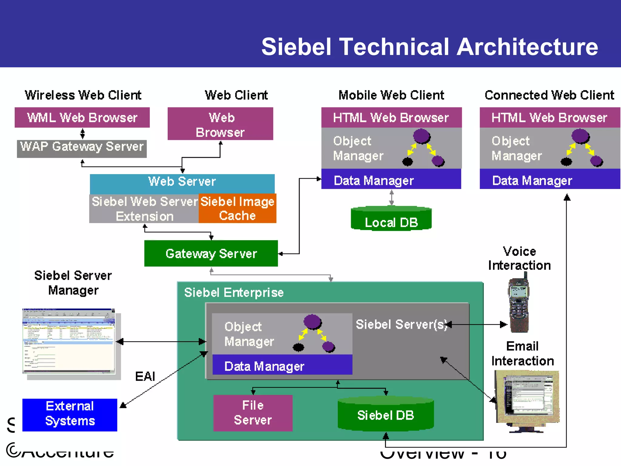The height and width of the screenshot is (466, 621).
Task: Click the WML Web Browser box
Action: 82,117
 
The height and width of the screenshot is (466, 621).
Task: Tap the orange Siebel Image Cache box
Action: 237,208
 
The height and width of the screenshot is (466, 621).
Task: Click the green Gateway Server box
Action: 211,253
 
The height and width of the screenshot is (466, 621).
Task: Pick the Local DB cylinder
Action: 391,220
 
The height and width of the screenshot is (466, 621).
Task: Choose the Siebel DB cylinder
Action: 385,414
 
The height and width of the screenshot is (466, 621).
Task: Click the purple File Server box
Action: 253,413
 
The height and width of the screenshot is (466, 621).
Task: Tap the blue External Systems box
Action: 70,414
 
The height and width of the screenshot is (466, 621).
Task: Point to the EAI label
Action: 145,376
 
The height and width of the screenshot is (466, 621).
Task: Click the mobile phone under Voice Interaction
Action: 519,305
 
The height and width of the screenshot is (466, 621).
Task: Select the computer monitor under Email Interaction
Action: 527,399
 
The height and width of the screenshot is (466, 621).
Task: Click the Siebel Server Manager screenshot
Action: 69,341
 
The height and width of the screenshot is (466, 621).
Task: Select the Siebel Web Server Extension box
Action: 144,209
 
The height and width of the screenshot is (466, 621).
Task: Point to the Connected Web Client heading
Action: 549,95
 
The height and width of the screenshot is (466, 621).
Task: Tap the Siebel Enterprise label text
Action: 234,292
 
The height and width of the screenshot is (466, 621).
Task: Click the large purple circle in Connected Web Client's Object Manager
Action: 580,136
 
